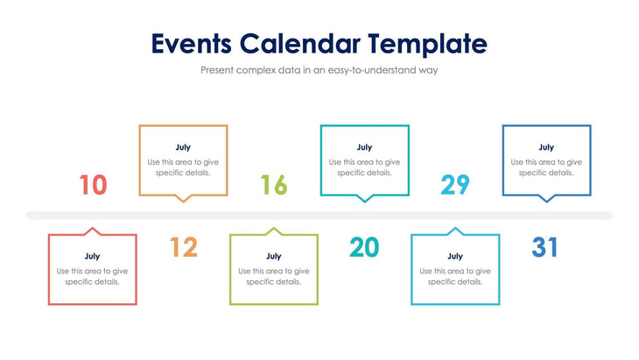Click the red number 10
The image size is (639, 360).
(93, 185)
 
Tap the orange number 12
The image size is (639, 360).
(183, 248)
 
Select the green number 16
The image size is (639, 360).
(274, 185)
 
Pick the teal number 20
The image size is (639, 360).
(364, 248)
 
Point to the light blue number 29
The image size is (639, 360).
(455, 185)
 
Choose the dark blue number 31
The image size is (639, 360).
(545, 248)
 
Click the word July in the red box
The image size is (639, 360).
(92, 257)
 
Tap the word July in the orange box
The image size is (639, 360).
(183, 147)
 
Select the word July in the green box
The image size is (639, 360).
(274, 257)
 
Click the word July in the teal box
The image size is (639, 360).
(364, 147)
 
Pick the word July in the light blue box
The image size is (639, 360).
(455, 257)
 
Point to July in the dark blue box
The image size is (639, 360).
(546, 147)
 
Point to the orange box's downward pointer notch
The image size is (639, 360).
(183, 199)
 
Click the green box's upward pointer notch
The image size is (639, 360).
(274, 231)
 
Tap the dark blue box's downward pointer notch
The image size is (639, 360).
(546, 199)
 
